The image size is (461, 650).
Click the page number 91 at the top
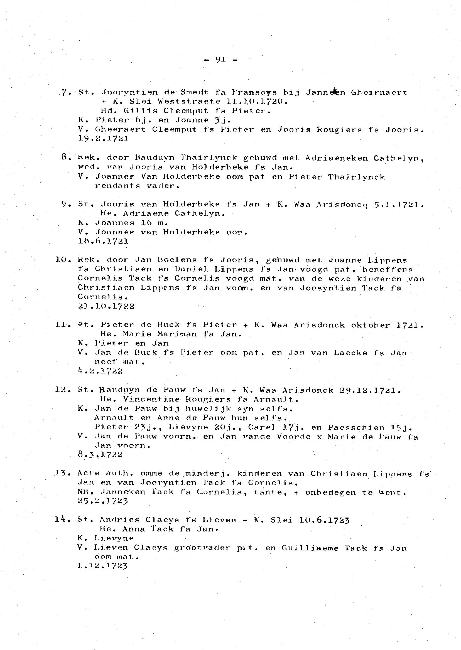[220, 60]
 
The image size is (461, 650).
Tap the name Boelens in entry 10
[174, 260]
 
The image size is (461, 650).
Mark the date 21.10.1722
[106, 306]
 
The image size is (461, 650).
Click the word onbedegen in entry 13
[330, 493]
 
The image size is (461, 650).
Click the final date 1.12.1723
[102, 566]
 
